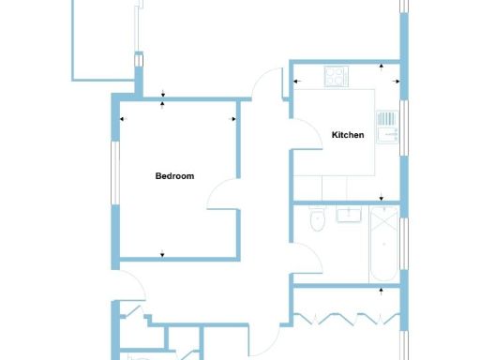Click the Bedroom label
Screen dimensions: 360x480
(x=174, y=175)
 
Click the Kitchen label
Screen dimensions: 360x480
(x=348, y=135)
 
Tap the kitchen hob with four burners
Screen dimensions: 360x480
(x=336, y=74)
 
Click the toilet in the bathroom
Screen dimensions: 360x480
(x=316, y=220)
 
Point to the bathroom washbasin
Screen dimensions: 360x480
(x=350, y=217)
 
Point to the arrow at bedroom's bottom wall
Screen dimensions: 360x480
(x=163, y=253)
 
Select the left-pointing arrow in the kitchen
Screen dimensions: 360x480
(x=298, y=82)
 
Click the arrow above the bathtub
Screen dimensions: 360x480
(x=381, y=199)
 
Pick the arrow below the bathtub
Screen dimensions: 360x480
(x=381, y=289)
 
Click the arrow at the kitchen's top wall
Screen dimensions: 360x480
(x=381, y=67)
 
